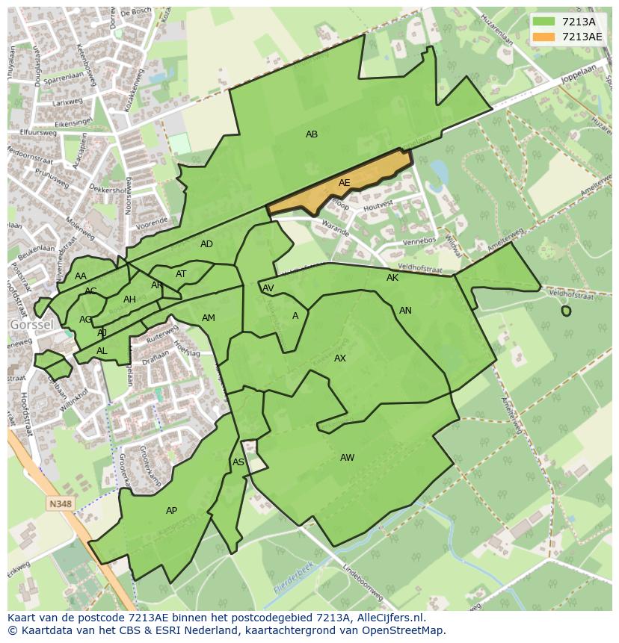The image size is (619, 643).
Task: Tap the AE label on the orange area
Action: coord(344,183)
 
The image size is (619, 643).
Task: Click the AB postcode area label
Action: coord(312,134)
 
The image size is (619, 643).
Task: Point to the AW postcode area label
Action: coord(347,458)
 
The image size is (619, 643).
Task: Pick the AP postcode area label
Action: coord(171,511)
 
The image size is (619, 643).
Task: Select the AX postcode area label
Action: coord(340,358)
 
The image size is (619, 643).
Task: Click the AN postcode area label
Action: coord(405,311)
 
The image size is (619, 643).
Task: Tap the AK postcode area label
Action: coord(392,278)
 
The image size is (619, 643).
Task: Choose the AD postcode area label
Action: coord(206,244)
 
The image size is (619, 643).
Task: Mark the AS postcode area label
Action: coord(238,462)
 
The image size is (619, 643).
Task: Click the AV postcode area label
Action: coord(268,288)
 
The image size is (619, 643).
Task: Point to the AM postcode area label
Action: coord(209,318)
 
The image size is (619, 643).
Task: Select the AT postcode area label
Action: coord(181,274)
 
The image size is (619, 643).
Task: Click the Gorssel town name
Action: coord(31,326)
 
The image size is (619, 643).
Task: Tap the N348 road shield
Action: coord(61,504)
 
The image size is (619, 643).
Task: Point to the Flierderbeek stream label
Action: coord(293,577)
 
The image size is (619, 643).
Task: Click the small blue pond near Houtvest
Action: coord(439,173)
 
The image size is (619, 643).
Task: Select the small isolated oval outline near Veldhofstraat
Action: coord(566,311)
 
